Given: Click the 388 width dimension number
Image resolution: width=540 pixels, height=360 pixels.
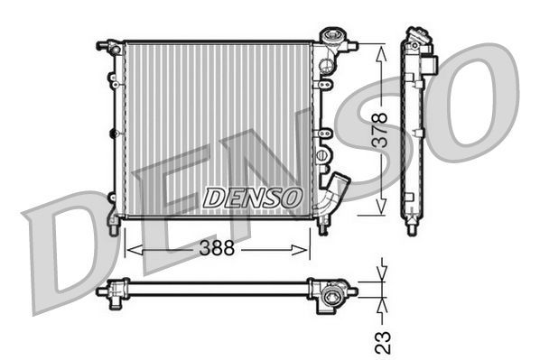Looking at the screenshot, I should click(216, 248).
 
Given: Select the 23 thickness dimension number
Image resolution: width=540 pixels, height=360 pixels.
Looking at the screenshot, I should click(383, 341).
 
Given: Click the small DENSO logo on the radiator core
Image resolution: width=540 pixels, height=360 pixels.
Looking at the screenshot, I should click(252, 196).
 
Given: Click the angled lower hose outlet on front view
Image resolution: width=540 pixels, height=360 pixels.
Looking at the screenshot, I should click(336, 190).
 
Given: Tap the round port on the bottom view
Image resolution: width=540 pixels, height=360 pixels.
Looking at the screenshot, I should click(337, 294).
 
